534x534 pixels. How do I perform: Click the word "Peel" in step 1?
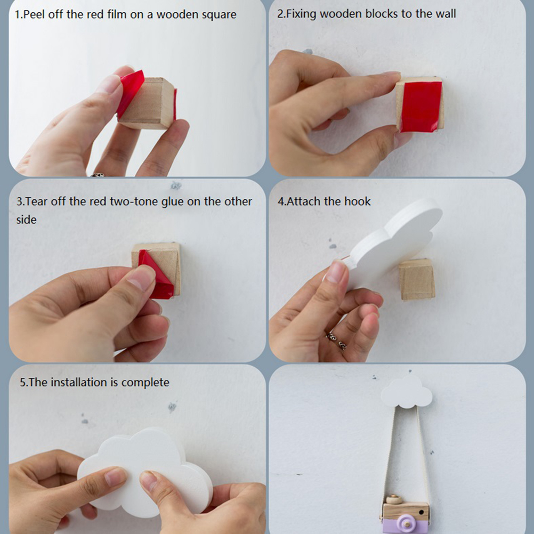pos(35,14)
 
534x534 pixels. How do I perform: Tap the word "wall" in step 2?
pos(446,14)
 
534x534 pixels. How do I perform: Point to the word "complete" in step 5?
pos(145,383)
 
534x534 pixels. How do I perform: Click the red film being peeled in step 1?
pos(130,92)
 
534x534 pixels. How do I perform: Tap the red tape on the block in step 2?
pos(421,107)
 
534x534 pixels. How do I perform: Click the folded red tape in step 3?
pos(156,275)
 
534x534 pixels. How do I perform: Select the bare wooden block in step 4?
pos(417,279)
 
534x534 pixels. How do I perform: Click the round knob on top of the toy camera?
pos(393,499)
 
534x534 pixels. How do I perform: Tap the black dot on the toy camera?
pos(422,512)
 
